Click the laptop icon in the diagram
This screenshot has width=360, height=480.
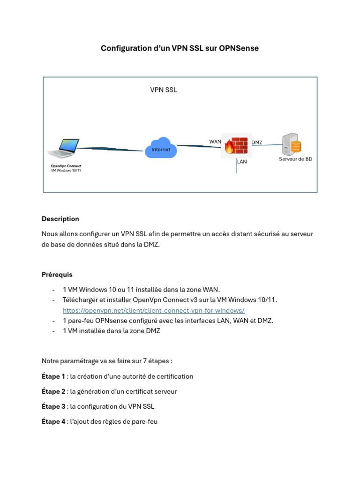point(64,149)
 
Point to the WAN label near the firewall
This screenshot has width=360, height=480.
point(215,142)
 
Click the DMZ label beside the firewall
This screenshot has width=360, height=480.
point(257,142)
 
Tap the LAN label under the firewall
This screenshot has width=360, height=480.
point(242,162)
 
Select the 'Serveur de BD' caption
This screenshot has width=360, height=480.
point(295,159)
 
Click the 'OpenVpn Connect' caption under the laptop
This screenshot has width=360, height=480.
point(66,166)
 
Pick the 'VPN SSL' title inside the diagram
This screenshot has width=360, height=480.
point(164,90)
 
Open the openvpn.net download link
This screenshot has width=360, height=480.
point(154,310)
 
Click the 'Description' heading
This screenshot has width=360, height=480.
point(60,219)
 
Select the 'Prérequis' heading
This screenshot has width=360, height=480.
point(57,275)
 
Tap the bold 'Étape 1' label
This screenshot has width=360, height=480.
point(53,376)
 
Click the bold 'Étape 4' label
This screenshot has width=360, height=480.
point(53,421)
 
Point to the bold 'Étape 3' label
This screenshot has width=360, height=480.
point(53,406)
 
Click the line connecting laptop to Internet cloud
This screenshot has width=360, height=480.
point(110,149)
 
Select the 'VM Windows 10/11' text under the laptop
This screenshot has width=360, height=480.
point(66,171)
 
